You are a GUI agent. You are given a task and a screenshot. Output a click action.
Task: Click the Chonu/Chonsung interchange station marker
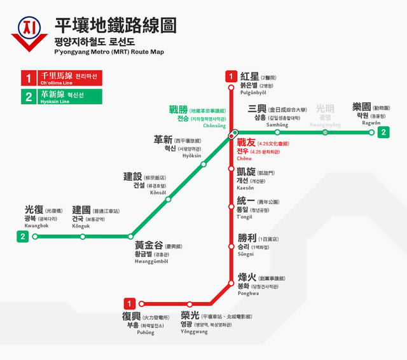click(x=234, y=134)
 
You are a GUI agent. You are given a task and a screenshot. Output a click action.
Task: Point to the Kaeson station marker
click(x=231, y=169)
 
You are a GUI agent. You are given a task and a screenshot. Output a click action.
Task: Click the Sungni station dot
click(x=231, y=245)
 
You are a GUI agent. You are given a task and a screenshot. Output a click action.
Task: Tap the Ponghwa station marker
click(x=231, y=282)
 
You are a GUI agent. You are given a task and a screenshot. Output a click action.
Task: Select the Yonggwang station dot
click(x=190, y=304)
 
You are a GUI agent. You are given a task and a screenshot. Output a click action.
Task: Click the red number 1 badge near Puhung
click(x=130, y=304)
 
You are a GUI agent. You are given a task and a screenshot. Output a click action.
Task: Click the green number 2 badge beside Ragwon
click(x=383, y=132)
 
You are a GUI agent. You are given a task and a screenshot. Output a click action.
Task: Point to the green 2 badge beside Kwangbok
click(x=23, y=237)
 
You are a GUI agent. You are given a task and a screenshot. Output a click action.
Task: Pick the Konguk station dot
click(x=83, y=237)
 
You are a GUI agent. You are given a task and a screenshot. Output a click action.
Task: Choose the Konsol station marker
click(x=169, y=199)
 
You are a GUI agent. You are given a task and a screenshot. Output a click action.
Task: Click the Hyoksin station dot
click(x=203, y=164)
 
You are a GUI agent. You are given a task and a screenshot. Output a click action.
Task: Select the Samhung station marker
click(x=277, y=132)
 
